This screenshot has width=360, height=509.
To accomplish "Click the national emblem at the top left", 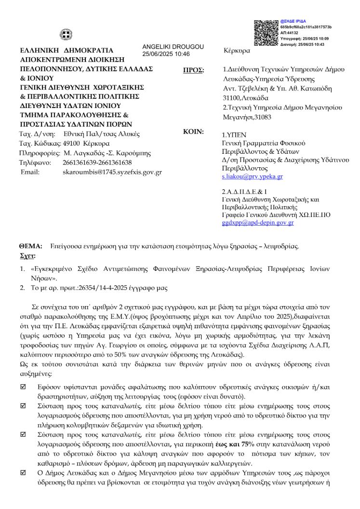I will pyautogui.click(x=66, y=35).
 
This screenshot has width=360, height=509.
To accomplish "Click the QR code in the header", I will pyautogui.click(x=266, y=33).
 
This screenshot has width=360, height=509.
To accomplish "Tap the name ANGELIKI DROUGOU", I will pyautogui.click(x=173, y=46).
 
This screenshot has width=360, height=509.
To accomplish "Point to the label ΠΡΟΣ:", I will pyautogui.click(x=194, y=70).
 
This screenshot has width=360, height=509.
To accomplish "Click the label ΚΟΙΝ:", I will pyautogui.click(x=193, y=131).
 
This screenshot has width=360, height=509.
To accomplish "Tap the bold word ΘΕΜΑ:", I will pyautogui.click(x=30, y=246).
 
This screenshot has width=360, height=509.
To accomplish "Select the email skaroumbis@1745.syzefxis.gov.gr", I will pyautogui.click(x=112, y=172).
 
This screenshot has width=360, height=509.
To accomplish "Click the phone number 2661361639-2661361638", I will pyautogui.click(x=97, y=162).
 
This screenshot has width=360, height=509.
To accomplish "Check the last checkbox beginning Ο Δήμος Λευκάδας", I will pyautogui.click(x=23, y=472).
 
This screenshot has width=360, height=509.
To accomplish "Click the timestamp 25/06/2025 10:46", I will pyautogui.click(x=166, y=54).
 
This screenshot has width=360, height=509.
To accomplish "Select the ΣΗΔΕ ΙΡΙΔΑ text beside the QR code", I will pyautogui.click(x=291, y=22).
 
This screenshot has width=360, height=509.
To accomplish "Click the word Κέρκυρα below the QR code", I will pyautogui.click(x=237, y=51).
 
